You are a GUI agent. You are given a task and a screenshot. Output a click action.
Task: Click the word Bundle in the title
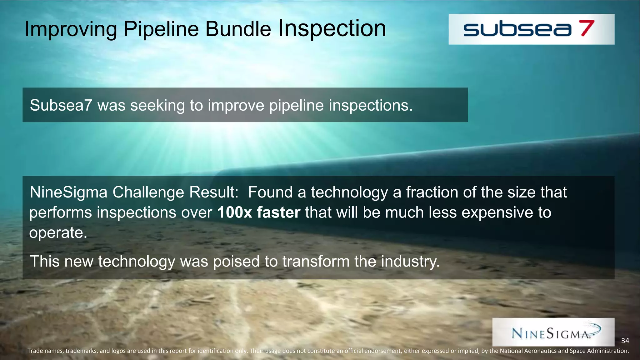238,29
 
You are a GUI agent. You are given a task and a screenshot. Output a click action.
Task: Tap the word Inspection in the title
332,28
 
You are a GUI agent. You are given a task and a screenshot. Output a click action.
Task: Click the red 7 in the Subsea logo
587,28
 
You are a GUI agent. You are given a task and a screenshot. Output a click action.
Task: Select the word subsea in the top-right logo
517,29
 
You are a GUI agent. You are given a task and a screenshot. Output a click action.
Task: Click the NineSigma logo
553,332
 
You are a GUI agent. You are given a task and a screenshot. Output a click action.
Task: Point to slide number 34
625,341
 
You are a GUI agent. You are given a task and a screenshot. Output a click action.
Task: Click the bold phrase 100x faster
258,212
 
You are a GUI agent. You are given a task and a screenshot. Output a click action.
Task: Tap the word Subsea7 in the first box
61,105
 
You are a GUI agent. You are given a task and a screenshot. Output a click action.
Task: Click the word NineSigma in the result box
68,192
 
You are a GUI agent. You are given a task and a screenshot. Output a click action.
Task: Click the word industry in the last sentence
409,261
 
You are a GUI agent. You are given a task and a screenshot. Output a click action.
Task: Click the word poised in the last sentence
236,261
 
